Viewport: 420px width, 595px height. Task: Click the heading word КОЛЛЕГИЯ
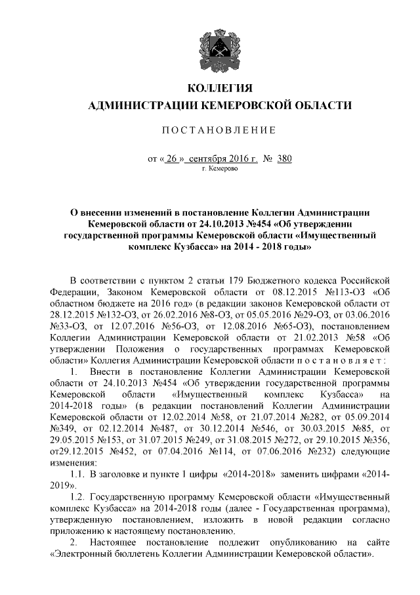pyautogui.click(x=220, y=89)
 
